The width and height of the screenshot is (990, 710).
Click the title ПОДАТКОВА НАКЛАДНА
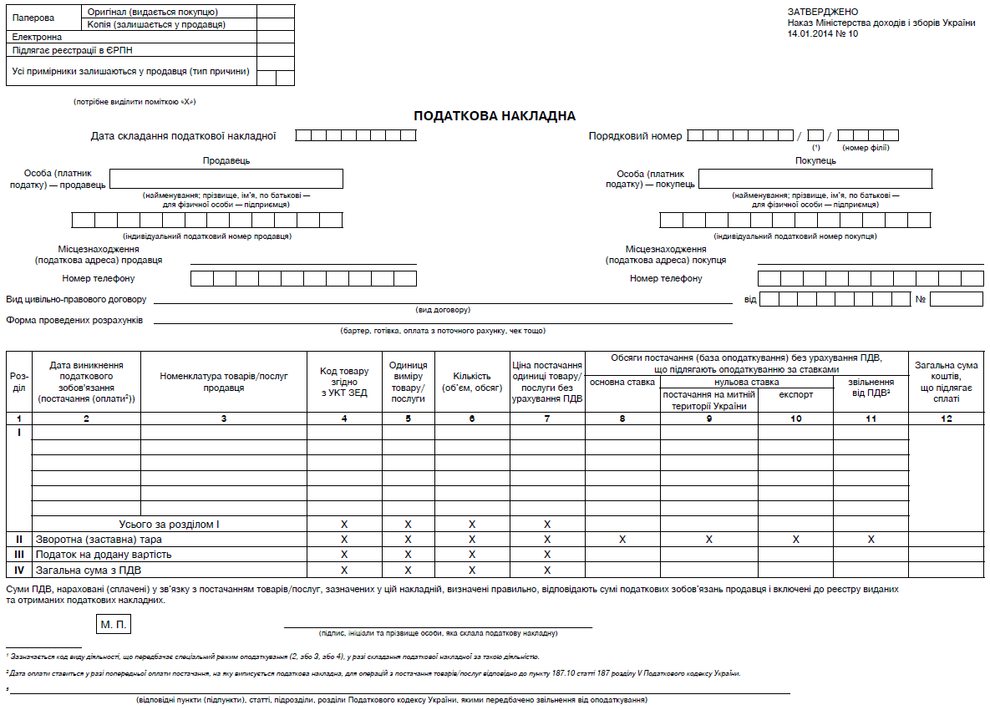[495, 116]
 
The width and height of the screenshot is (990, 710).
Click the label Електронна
[37, 37]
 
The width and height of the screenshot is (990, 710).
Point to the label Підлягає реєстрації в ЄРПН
[73, 50]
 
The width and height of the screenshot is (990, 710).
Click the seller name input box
[226, 179]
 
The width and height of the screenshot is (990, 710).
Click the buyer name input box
[815, 179]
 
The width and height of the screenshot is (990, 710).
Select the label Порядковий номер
[635, 135]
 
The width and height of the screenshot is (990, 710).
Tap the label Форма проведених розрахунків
[74, 320]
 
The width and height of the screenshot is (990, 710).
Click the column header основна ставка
[622, 383]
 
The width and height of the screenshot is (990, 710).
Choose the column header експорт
[795, 394]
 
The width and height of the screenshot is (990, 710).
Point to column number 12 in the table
[946, 418]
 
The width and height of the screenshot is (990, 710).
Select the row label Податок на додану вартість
[103, 555]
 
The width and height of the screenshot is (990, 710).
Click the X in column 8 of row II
[622, 540]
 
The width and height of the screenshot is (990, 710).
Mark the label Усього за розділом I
[170, 525]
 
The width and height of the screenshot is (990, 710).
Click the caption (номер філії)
[866, 148]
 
